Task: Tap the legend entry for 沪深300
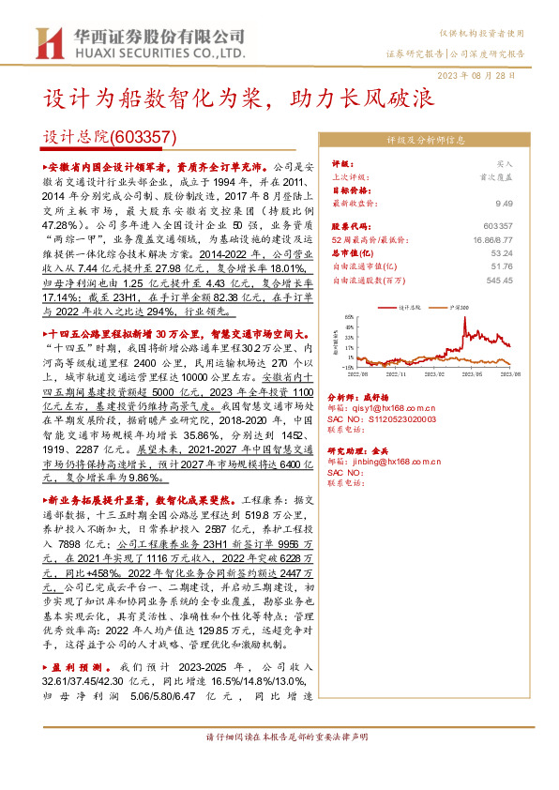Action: click(x=453, y=307)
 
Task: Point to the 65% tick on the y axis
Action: click(x=349, y=318)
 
